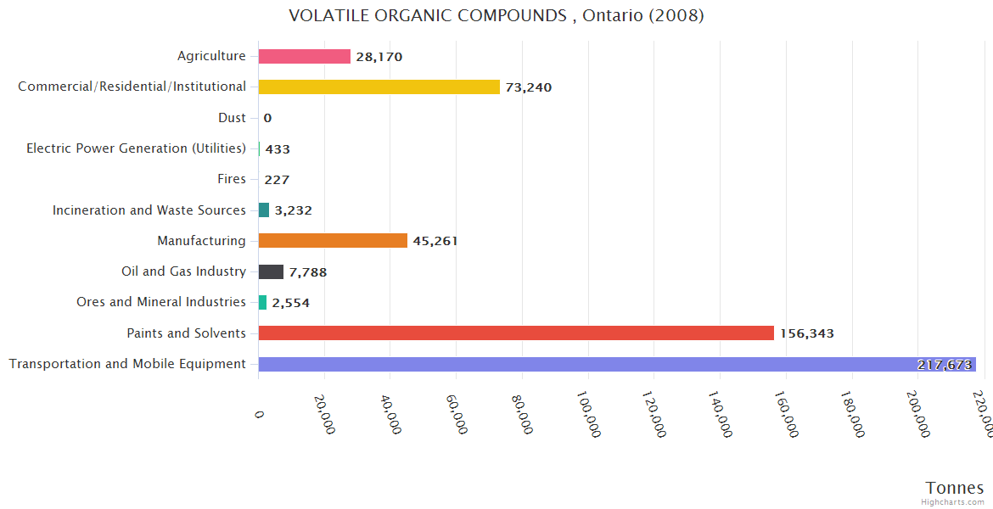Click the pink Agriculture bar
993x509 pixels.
[304, 56]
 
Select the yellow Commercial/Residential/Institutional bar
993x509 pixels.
[379, 87]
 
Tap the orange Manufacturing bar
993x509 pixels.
[333, 241]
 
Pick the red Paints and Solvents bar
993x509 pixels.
[516, 333]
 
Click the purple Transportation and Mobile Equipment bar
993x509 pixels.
[586, 364]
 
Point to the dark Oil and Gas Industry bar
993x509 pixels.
[271, 271]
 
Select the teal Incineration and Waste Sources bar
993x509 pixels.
[264, 210]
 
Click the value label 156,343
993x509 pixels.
[807, 333]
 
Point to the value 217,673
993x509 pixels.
[945, 365]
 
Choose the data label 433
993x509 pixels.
[278, 149]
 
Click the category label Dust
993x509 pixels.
[232, 118]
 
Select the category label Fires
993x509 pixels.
[232, 179]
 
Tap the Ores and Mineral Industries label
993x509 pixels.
[161, 302]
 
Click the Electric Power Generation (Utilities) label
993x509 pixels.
[137, 148]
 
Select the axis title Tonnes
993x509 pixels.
[955, 488]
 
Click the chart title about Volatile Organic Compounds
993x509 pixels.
[496, 15]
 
